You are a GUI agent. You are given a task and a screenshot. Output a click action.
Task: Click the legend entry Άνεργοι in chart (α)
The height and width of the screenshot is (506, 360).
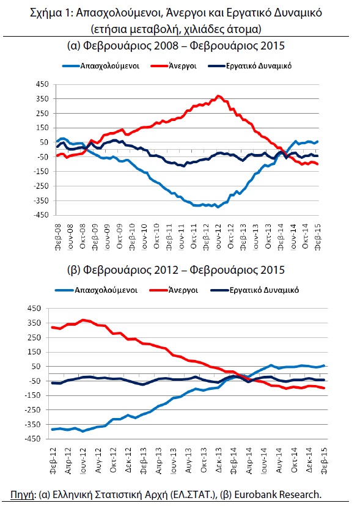(x=174, y=66)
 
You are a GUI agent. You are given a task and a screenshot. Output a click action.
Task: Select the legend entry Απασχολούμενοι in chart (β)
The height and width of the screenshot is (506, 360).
(x=97, y=290)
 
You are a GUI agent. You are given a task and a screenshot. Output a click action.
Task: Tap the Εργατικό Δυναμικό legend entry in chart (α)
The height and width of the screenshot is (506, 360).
(x=250, y=66)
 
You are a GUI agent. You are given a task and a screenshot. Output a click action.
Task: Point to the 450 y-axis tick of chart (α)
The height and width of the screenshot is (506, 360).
(x=42, y=84)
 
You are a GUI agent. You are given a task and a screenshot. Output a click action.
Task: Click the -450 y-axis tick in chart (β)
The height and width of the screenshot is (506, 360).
(x=34, y=439)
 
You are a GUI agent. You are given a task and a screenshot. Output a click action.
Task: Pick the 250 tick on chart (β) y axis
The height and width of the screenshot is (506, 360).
(x=35, y=337)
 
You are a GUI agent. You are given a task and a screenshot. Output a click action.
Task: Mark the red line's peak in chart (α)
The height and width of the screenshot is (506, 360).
(x=218, y=96)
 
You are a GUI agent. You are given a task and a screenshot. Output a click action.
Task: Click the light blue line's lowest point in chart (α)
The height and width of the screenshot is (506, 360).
(x=218, y=207)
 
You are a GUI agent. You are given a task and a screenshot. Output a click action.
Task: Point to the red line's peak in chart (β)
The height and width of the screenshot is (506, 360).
(x=83, y=320)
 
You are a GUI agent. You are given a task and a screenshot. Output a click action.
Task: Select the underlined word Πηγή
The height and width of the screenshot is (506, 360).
(x=22, y=495)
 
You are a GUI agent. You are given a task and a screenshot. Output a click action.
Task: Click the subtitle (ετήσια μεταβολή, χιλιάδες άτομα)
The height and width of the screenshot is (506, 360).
(x=176, y=29)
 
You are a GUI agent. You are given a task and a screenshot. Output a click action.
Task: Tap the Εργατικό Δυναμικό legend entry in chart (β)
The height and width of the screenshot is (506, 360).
(x=254, y=290)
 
